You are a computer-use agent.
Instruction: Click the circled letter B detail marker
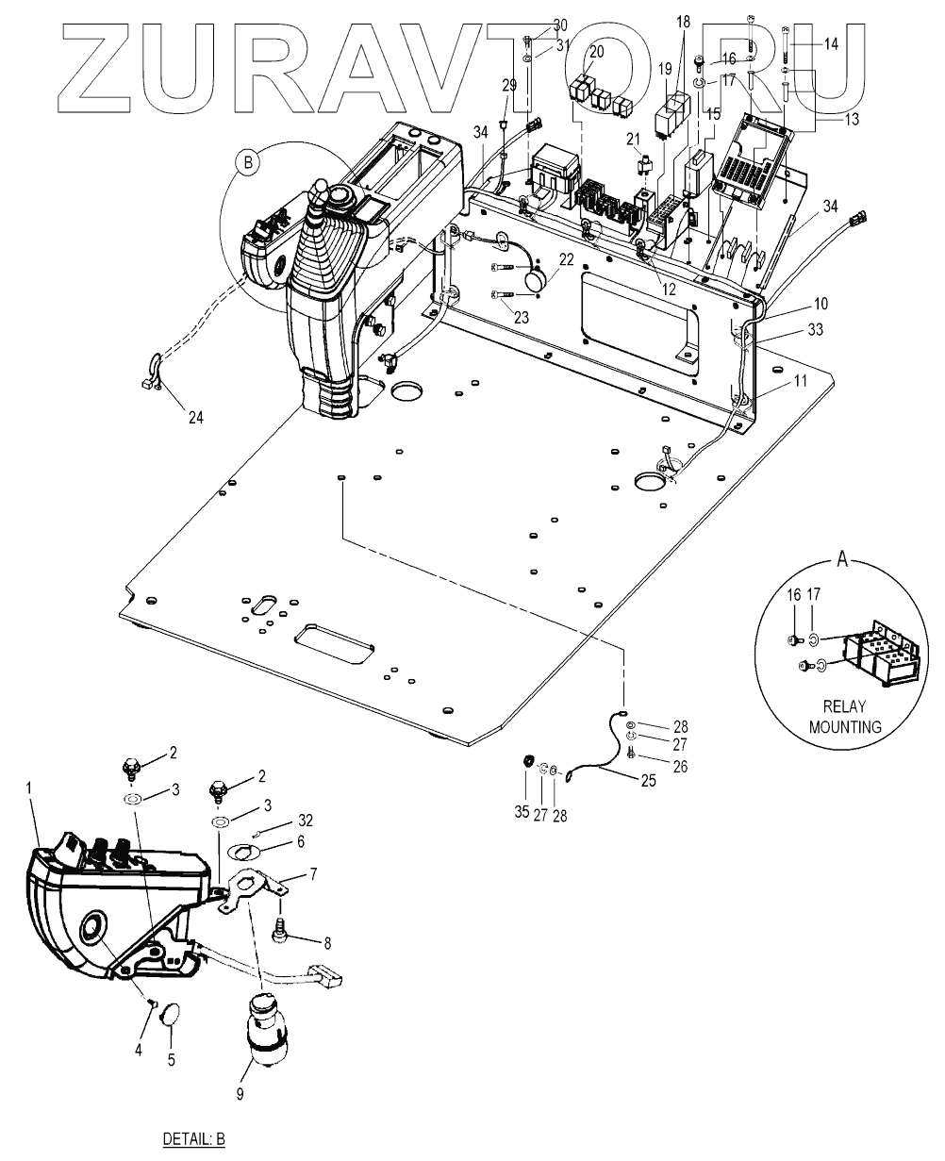click(248, 163)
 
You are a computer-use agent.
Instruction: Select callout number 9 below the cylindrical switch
click(240, 1093)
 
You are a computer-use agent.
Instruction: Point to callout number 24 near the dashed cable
click(195, 417)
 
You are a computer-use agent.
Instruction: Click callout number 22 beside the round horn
click(566, 259)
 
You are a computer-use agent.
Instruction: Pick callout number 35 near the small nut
click(522, 811)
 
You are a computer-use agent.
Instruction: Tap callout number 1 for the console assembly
click(29, 788)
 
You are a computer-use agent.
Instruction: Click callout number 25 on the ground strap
click(649, 781)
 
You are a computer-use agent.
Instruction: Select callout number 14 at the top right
click(831, 43)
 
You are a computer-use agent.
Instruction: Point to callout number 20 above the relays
click(596, 52)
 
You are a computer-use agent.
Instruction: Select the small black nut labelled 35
click(527, 760)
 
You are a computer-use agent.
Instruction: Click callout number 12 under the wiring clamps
click(668, 289)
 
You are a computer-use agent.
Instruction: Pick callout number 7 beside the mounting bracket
click(313, 873)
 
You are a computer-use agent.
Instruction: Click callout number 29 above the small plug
click(509, 85)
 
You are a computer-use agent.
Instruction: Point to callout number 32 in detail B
click(306, 820)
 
